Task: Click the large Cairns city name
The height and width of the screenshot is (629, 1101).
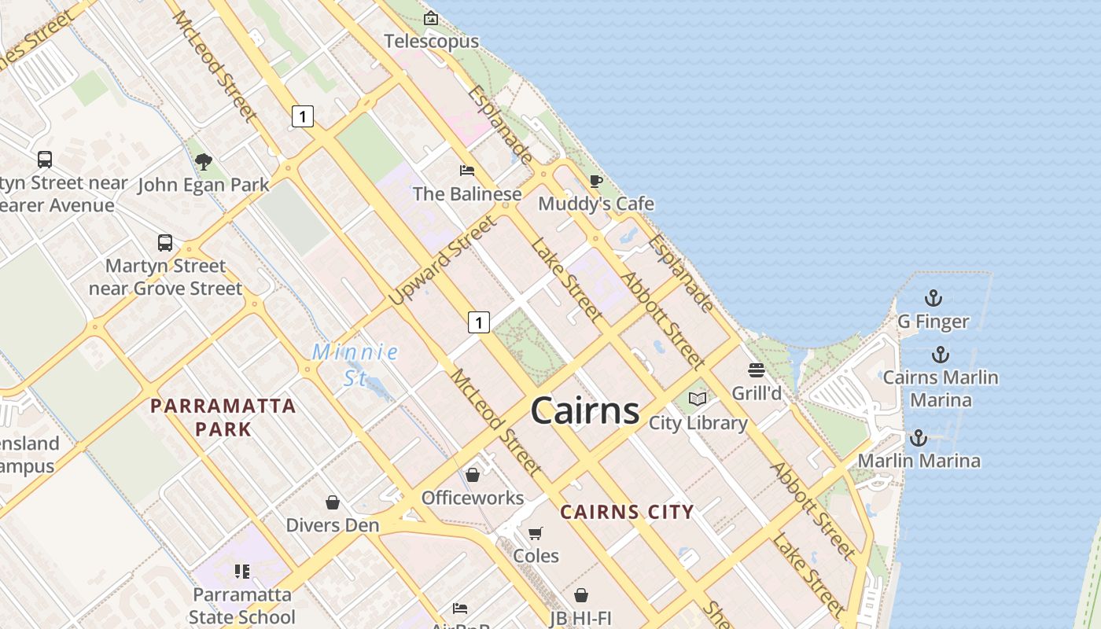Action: [584, 410]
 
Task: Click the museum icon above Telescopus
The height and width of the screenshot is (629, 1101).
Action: [431, 18]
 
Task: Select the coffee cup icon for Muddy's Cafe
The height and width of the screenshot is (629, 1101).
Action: [596, 182]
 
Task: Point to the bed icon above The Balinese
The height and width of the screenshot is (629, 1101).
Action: [467, 171]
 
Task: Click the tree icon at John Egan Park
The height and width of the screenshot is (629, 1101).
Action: [204, 163]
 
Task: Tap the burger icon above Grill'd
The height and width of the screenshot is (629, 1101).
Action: [757, 370]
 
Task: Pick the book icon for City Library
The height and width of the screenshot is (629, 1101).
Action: [698, 399]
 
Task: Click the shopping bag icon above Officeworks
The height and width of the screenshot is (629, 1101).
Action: [473, 475]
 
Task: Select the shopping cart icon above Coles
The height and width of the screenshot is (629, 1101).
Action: [536, 533]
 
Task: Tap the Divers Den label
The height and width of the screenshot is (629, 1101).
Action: [333, 525]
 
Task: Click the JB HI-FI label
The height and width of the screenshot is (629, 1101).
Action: [581, 618]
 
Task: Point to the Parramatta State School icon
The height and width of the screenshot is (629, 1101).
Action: [242, 572]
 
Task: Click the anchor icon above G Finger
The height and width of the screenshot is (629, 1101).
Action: [933, 298]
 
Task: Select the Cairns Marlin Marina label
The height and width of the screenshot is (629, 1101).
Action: [941, 388]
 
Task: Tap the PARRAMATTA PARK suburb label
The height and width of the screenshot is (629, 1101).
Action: [223, 417]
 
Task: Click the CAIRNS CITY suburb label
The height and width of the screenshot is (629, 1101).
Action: [627, 513]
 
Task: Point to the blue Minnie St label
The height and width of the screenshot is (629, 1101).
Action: [355, 364]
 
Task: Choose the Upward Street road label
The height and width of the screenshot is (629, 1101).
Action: [444, 261]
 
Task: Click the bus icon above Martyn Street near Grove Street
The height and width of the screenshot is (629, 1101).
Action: [165, 243]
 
